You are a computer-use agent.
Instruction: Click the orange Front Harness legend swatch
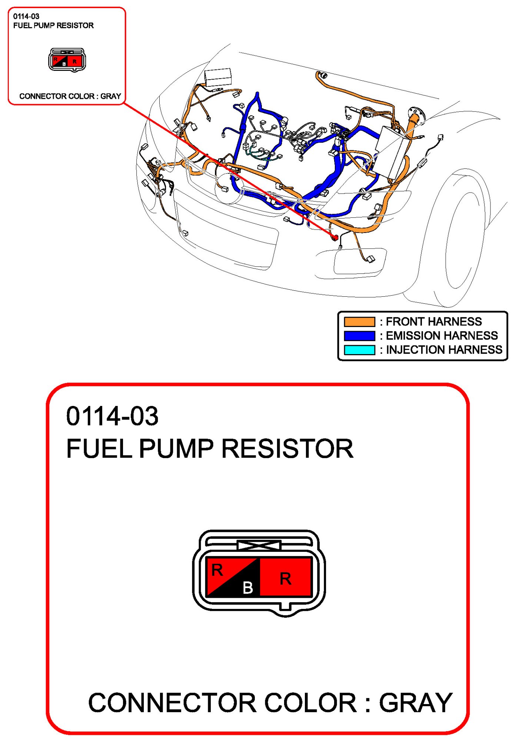coord(359,321)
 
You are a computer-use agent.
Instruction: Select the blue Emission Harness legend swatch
coord(359,336)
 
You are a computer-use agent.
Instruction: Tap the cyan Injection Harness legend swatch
coord(359,350)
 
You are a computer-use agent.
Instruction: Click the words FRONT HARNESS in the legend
coord(434,321)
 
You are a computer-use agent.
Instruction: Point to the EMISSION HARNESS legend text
coord(442,336)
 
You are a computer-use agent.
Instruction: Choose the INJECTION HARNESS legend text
coord(444,350)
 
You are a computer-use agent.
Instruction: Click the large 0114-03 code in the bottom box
coord(112,416)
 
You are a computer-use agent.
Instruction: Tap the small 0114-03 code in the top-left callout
coord(26,16)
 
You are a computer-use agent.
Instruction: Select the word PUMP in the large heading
coord(176,449)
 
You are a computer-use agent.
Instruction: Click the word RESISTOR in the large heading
coord(287,449)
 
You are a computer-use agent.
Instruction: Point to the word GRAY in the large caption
coord(415,703)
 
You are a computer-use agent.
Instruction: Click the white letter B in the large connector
coord(248,587)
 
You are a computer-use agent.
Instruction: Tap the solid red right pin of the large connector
coord(285,577)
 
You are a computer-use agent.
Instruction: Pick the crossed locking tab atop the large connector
coord(259,545)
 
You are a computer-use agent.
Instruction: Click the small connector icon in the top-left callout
coord(67,60)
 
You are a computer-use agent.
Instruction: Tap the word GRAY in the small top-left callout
coord(111,96)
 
